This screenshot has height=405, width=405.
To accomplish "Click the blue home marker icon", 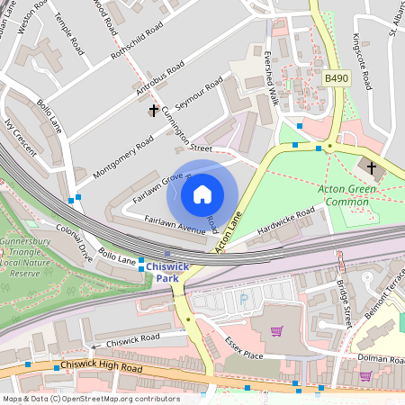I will click(x=202, y=194).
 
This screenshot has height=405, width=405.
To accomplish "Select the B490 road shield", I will click(x=336, y=79).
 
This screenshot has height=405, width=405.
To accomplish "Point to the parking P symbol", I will click(x=243, y=299).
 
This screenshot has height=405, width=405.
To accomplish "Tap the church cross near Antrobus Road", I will click(x=153, y=111).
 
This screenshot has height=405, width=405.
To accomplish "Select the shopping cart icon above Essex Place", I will click(x=277, y=331).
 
